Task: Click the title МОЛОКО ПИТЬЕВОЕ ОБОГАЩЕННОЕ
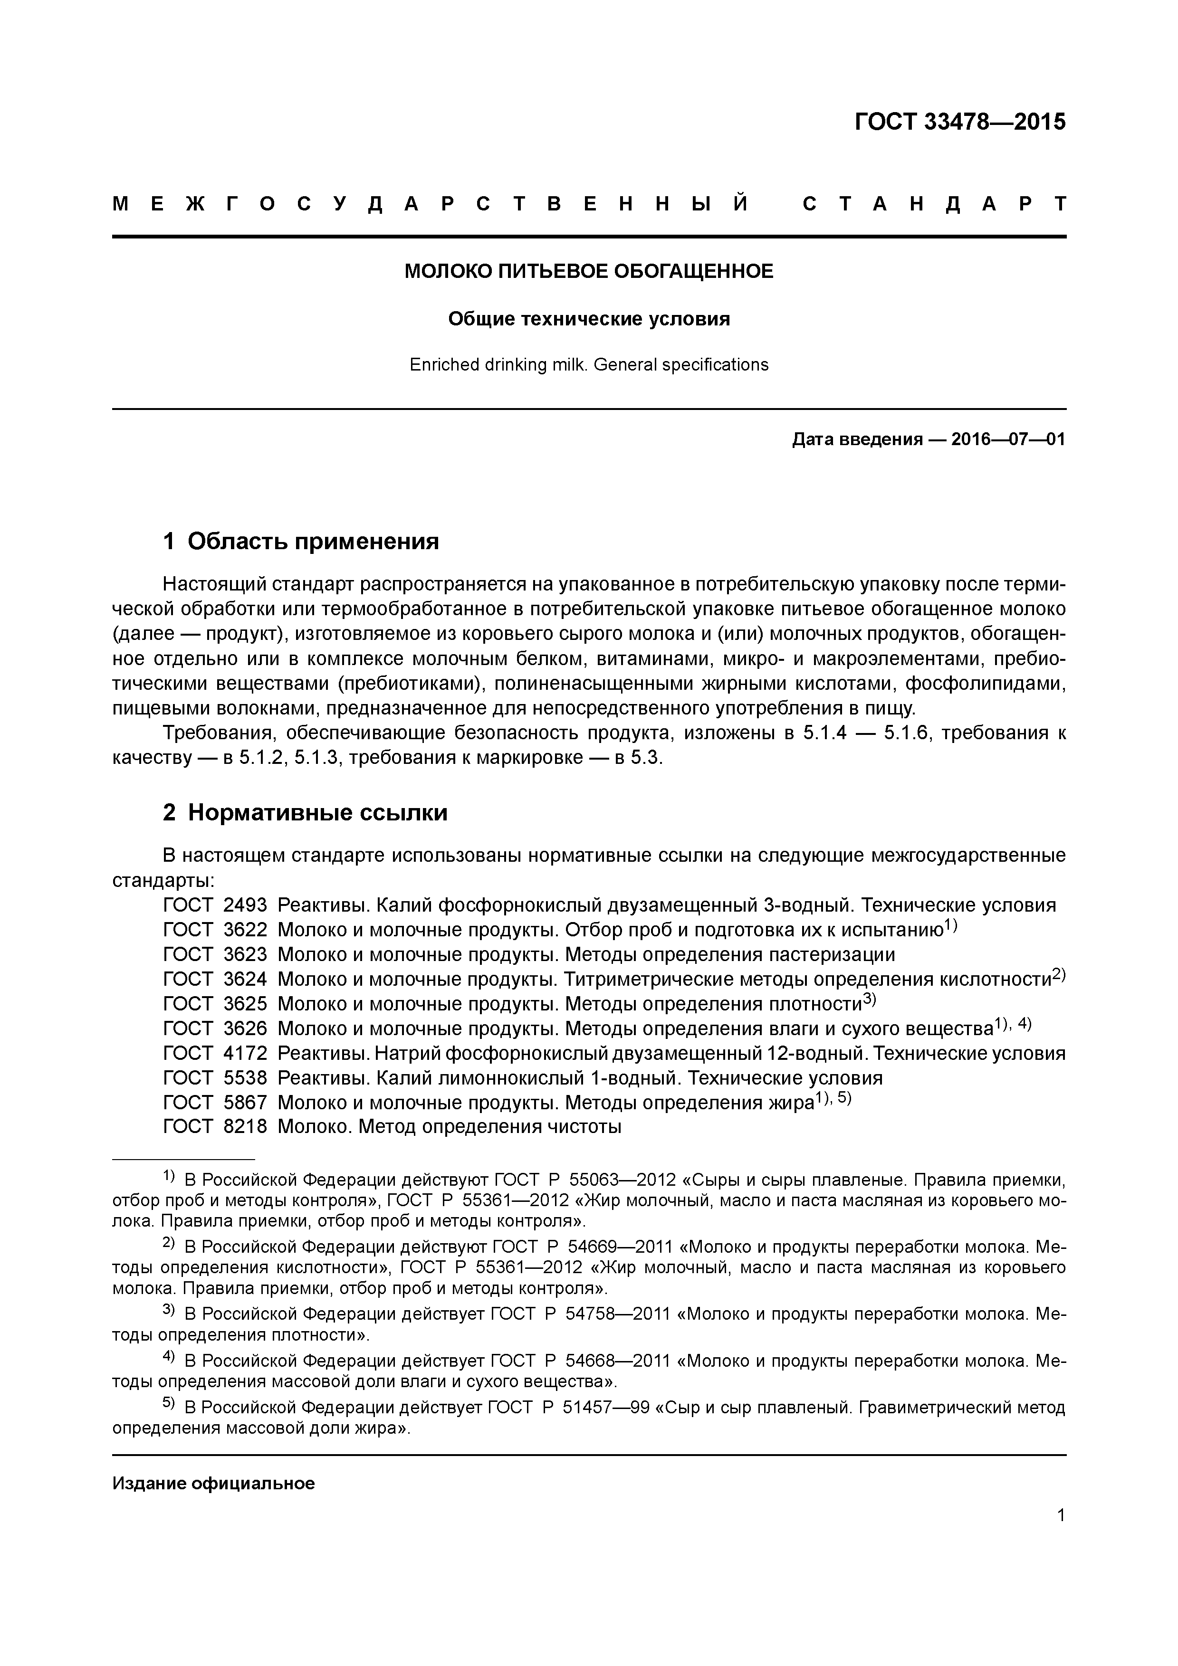589,271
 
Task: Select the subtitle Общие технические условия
589,319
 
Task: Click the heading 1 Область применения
301,541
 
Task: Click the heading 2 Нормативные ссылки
305,813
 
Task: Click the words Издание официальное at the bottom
213,1483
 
